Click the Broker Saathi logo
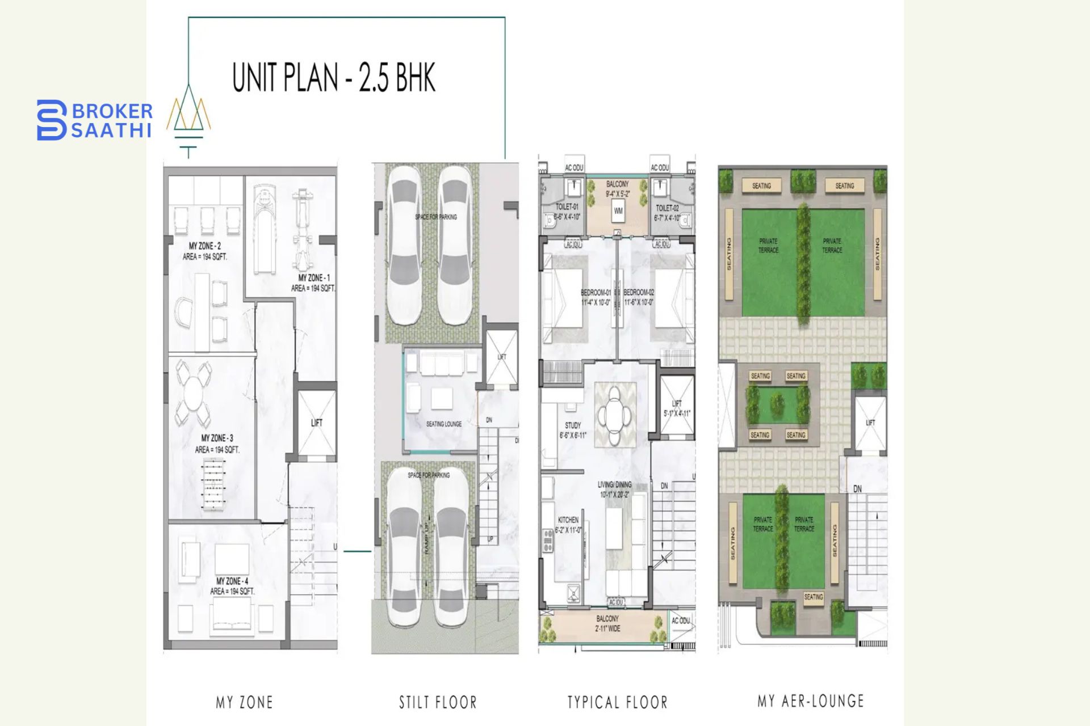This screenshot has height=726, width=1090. (x=94, y=120)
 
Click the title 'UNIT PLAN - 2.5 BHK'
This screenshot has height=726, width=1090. (x=334, y=78)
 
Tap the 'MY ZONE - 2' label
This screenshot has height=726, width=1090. (x=204, y=246)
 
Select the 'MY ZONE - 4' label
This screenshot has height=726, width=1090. (x=232, y=581)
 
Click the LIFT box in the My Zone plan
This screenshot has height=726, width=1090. (x=316, y=423)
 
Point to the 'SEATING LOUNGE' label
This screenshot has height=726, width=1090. (x=443, y=424)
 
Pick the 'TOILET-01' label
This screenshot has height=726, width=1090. (x=567, y=208)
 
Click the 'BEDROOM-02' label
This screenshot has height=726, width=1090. (x=639, y=293)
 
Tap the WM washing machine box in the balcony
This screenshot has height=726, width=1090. (x=618, y=211)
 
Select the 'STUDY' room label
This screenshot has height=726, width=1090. (x=572, y=425)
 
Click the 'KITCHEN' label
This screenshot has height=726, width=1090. (x=568, y=520)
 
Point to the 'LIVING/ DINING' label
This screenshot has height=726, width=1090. (x=614, y=485)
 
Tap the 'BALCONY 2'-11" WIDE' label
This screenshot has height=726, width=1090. (x=607, y=623)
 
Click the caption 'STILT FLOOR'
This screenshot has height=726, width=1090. (x=438, y=702)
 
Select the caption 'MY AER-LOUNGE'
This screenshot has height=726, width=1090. (x=810, y=701)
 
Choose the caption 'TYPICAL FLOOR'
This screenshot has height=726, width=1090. (x=617, y=702)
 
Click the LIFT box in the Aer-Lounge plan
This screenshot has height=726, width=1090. (x=870, y=423)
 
